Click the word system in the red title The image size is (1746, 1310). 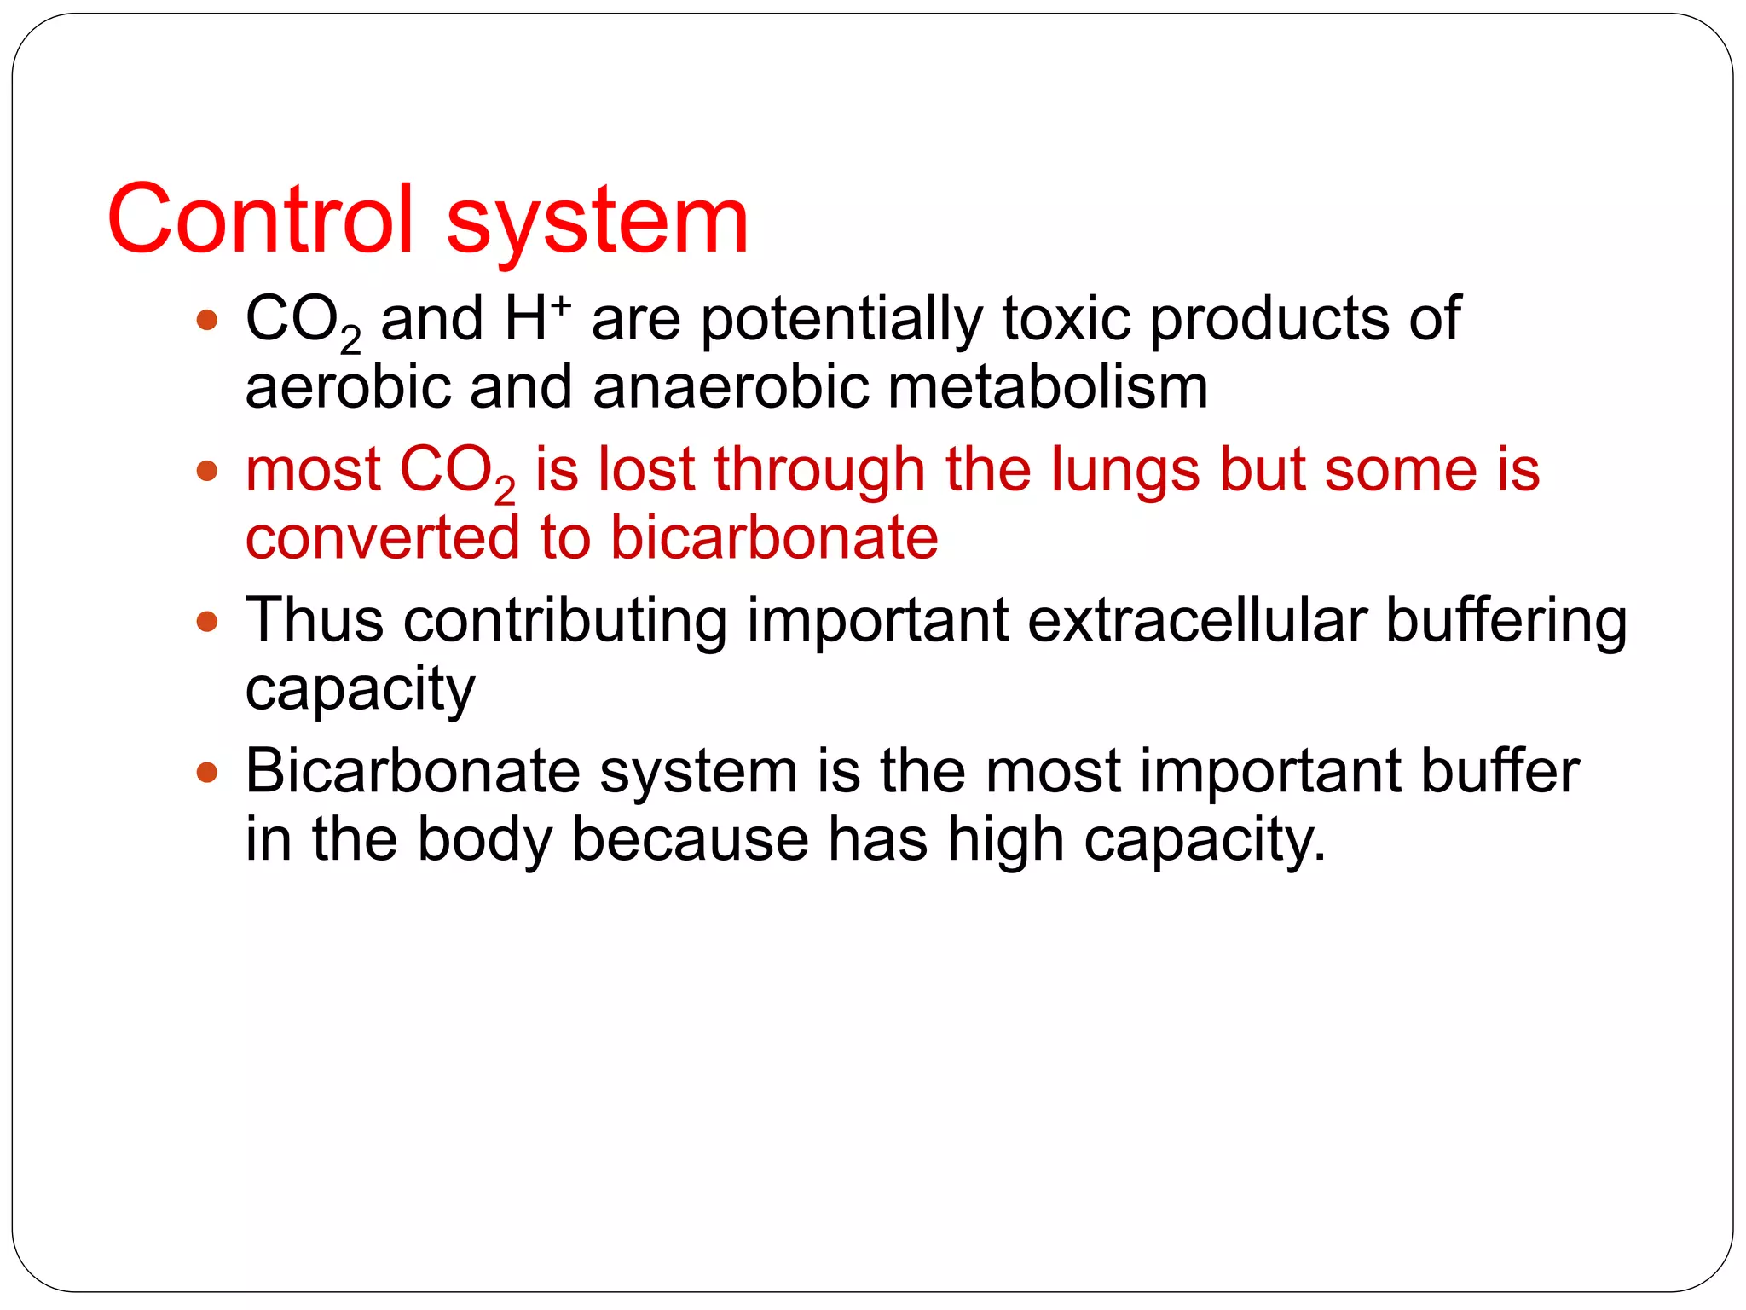597,222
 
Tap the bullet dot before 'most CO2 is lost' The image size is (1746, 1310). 206,471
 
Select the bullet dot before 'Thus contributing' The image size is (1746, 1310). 206,621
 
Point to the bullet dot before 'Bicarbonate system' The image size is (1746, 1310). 206,772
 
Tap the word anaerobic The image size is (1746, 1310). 731,386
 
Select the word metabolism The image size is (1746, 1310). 1048,386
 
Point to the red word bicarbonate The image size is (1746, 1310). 774,537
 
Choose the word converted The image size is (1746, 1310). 382,537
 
